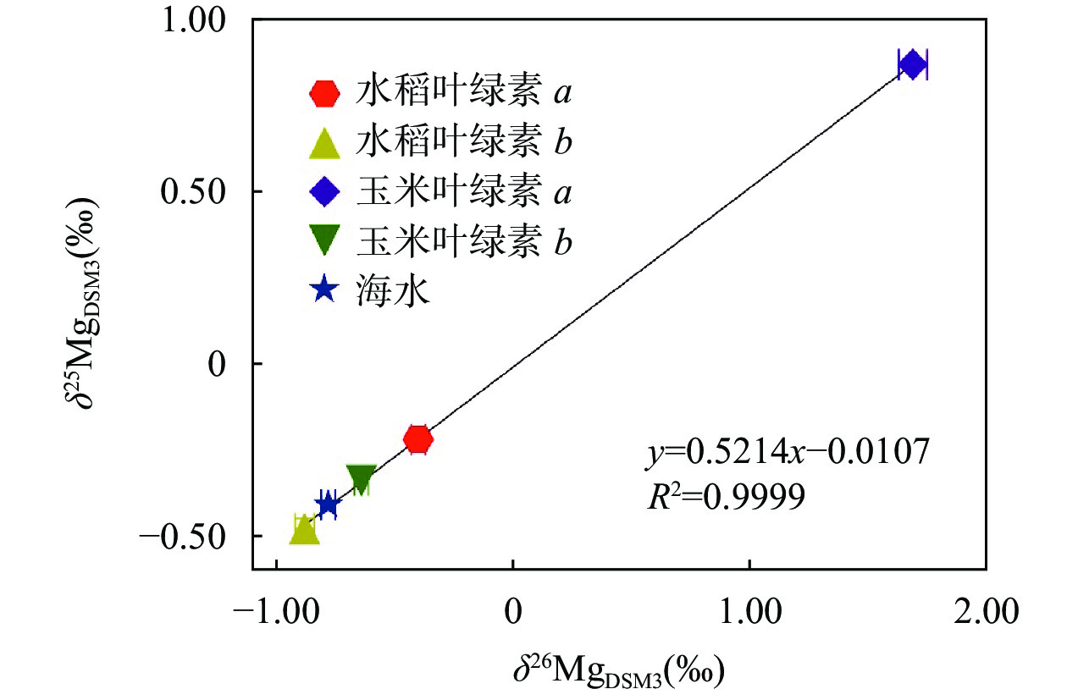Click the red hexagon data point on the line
coord(418,439)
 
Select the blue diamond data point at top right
coord(912,64)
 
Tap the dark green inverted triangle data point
coord(362,479)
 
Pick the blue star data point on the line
coord(328,504)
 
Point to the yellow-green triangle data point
coord(304,529)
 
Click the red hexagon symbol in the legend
coord(325,93)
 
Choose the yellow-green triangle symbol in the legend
coord(325,142)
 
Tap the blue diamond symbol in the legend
coord(325,192)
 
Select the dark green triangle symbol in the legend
coord(325,242)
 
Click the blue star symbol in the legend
coord(325,291)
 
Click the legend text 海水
coord(395,291)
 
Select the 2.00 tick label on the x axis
coord(985,611)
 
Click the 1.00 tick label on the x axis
coord(749,611)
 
